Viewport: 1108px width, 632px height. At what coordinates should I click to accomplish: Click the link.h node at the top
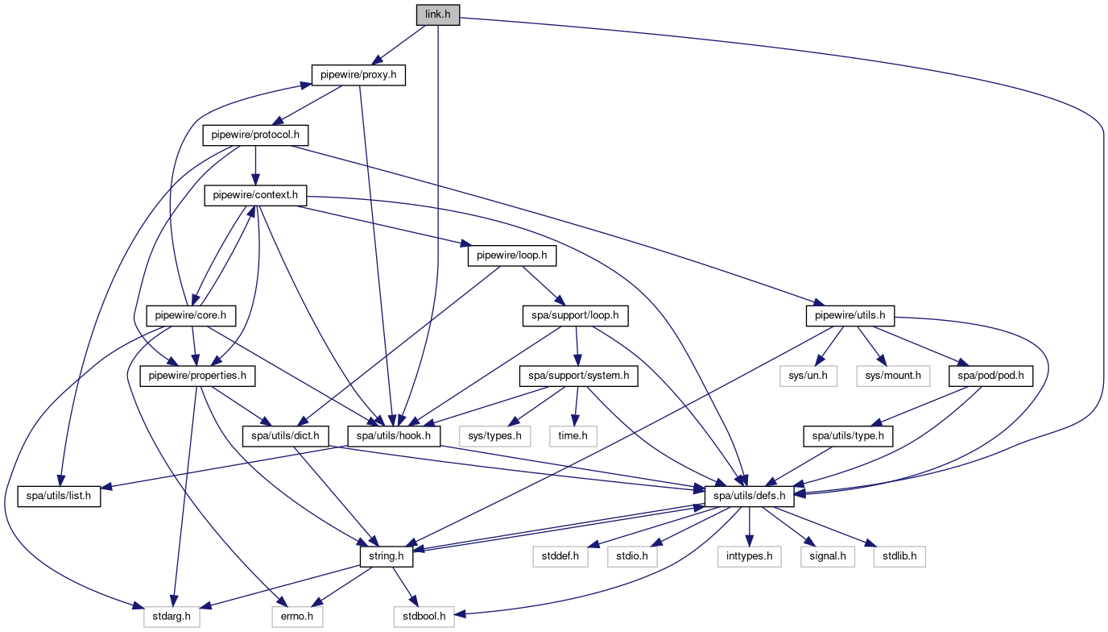tap(437, 15)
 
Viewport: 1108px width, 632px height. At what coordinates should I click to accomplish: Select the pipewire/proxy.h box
tap(359, 75)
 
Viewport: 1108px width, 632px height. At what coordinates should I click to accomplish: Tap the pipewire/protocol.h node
tap(256, 135)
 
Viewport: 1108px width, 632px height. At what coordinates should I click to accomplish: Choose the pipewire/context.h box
tap(256, 194)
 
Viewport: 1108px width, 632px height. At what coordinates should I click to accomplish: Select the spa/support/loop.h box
tap(576, 315)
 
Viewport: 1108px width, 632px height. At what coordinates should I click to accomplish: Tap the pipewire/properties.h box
tap(198, 375)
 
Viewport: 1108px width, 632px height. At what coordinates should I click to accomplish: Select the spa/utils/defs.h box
tap(750, 496)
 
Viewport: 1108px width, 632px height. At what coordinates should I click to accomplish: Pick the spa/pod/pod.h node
tap(990, 375)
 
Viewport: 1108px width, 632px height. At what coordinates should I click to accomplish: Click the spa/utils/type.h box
tap(848, 436)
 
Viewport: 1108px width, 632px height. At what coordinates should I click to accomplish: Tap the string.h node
tap(386, 556)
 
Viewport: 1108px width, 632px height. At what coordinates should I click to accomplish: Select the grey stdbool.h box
tap(424, 617)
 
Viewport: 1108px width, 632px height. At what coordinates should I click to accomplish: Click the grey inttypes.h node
tap(750, 556)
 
